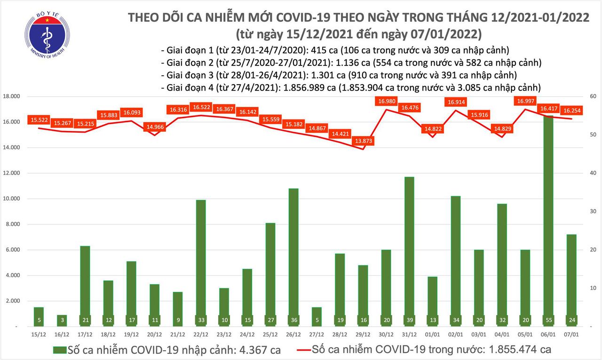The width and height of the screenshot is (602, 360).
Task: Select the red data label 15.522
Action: tap(41, 120)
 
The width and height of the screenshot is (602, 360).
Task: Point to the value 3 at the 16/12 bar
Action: tap(62, 320)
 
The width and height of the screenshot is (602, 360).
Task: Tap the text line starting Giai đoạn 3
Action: tap(339, 75)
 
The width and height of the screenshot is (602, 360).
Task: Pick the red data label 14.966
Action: tap(154, 126)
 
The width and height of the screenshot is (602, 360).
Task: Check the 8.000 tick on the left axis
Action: tap(16, 224)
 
